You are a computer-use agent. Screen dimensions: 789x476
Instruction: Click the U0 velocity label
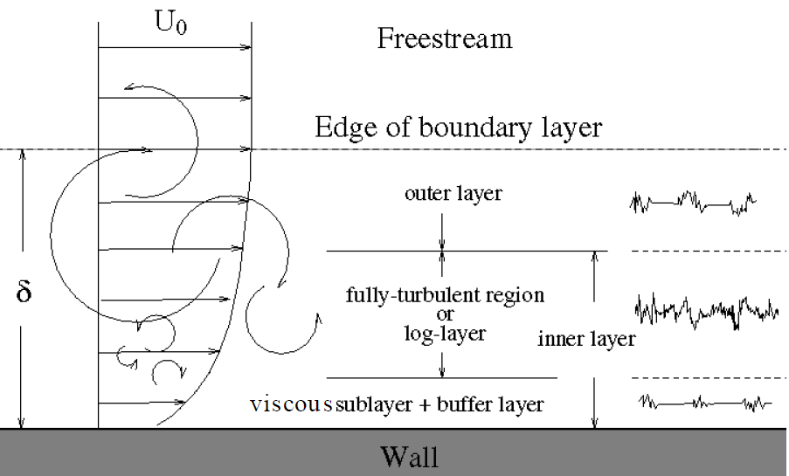point(171,23)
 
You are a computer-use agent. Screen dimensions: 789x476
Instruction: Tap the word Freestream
point(445,38)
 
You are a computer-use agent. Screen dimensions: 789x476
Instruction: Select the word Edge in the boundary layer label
point(347,128)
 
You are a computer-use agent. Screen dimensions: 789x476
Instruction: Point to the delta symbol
point(24,291)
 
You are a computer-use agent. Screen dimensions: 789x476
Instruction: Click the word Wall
point(410,457)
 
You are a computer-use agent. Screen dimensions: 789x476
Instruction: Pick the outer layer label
point(453,193)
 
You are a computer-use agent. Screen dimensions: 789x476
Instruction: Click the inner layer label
point(586,339)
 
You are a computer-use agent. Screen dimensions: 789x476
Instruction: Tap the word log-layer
point(445,334)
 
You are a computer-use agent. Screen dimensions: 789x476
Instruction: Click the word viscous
point(291,404)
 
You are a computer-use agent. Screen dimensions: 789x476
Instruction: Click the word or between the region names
point(445,315)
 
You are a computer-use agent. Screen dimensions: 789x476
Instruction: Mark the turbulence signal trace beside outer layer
point(693,203)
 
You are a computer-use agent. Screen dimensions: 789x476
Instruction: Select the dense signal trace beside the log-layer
point(707,312)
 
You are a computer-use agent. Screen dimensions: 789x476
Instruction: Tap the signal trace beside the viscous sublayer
point(705,403)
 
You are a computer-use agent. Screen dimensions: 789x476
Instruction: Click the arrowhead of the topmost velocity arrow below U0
point(246,48)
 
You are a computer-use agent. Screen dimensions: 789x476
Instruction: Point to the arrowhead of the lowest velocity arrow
point(181,403)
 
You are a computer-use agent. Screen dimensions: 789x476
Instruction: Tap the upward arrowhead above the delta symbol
point(22,154)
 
